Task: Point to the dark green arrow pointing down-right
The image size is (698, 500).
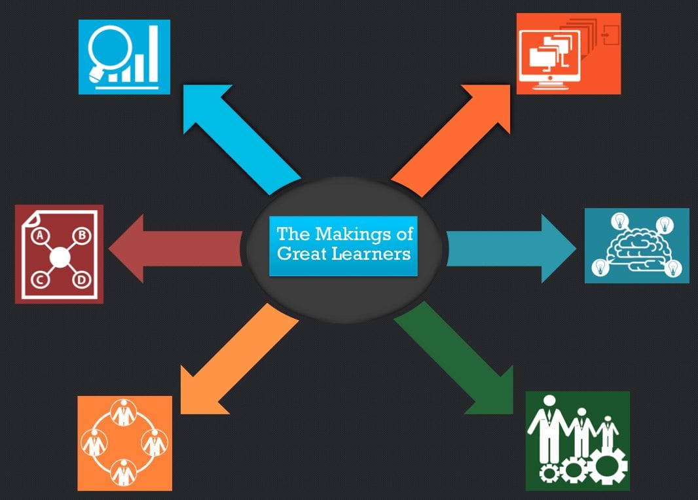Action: pyautogui.click(x=458, y=360)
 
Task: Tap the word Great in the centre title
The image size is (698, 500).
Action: pyautogui.click(x=301, y=253)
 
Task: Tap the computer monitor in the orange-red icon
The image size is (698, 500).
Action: pyautogui.click(x=545, y=63)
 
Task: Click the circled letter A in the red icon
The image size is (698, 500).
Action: pyautogui.click(x=39, y=235)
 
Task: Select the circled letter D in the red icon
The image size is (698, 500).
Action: pyautogui.click(x=81, y=281)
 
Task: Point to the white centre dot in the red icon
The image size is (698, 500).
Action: pyautogui.click(x=60, y=258)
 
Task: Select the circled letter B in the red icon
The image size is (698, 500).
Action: pyautogui.click(x=82, y=235)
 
